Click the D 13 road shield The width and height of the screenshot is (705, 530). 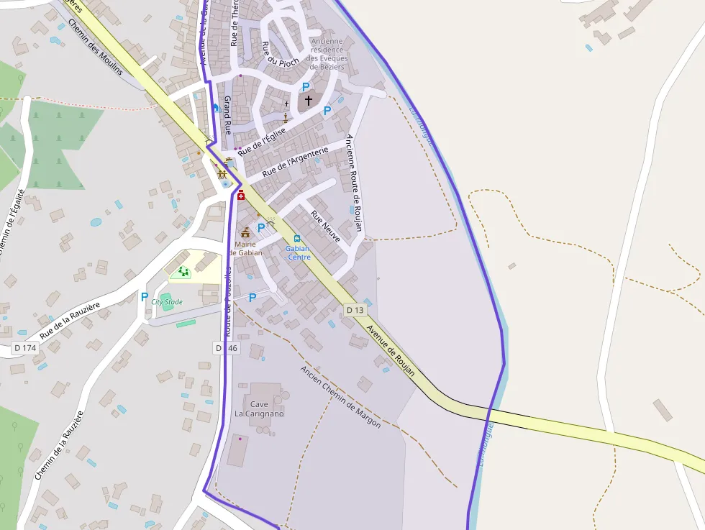[x=355, y=310]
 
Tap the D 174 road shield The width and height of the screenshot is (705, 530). [x=24, y=348]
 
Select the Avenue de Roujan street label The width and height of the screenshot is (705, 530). [x=391, y=351]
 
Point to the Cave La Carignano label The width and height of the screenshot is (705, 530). [x=259, y=409]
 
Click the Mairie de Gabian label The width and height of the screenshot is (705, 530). [x=245, y=248]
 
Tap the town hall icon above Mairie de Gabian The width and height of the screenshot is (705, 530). [x=246, y=232]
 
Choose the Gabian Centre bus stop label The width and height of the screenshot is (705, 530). [x=299, y=252]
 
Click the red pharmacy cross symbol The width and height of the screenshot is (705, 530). [x=241, y=195]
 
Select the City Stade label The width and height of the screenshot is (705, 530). [x=167, y=302]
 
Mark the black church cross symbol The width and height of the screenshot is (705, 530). [x=309, y=101]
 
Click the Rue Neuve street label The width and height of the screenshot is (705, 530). [x=325, y=226]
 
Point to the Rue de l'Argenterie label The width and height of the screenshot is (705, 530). [x=295, y=162]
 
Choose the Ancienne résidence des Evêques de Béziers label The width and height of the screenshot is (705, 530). [x=327, y=54]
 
